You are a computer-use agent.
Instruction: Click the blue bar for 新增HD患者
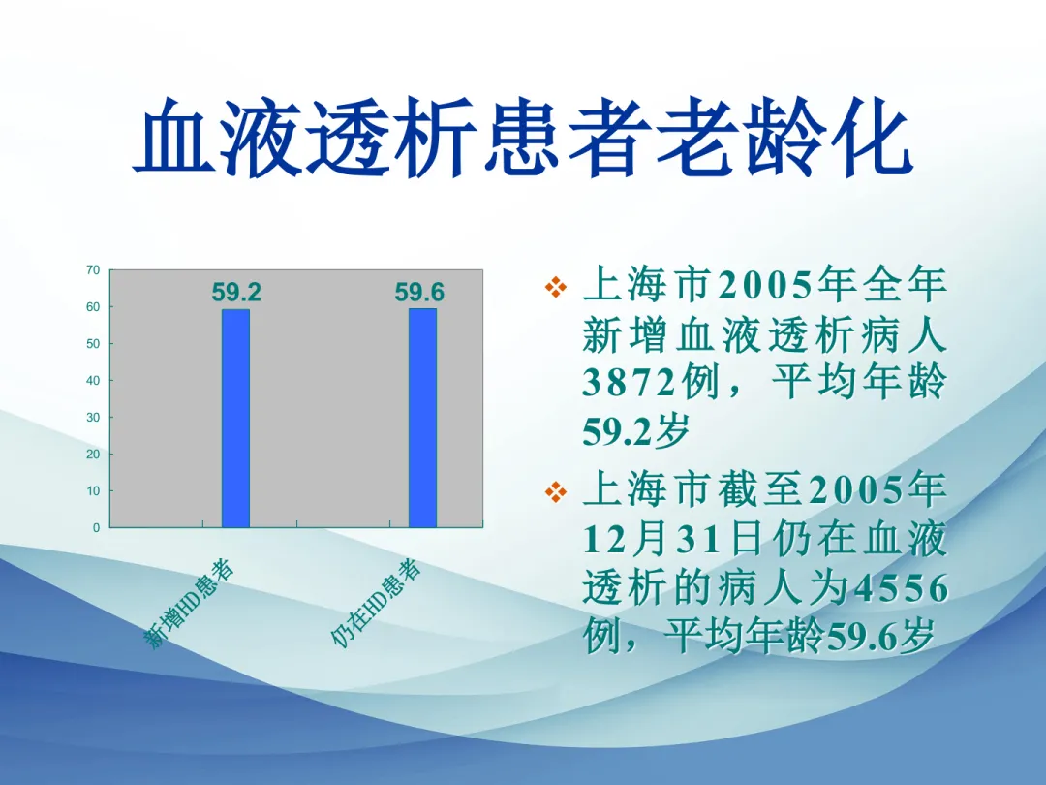(x=235, y=419)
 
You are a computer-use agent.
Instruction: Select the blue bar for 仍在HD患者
(x=422, y=418)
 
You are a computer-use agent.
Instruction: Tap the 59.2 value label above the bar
(x=236, y=293)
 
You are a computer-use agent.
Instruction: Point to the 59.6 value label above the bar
(x=419, y=293)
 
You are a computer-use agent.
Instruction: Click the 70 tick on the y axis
(x=93, y=270)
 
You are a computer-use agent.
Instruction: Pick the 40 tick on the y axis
(x=93, y=381)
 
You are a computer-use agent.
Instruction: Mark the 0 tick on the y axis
(x=96, y=527)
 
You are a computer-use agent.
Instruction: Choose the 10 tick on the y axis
(x=93, y=490)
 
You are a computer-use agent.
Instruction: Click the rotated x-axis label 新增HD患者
(x=190, y=604)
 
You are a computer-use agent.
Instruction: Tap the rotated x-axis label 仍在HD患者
(x=376, y=604)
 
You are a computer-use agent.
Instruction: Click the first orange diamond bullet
(x=556, y=288)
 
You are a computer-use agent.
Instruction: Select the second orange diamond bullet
(x=556, y=492)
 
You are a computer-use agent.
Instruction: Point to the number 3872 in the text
(x=630, y=383)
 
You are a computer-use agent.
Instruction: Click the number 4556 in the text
(x=899, y=588)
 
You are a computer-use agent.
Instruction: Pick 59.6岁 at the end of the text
(x=878, y=636)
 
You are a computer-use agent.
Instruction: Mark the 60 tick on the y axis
(x=93, y=307)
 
